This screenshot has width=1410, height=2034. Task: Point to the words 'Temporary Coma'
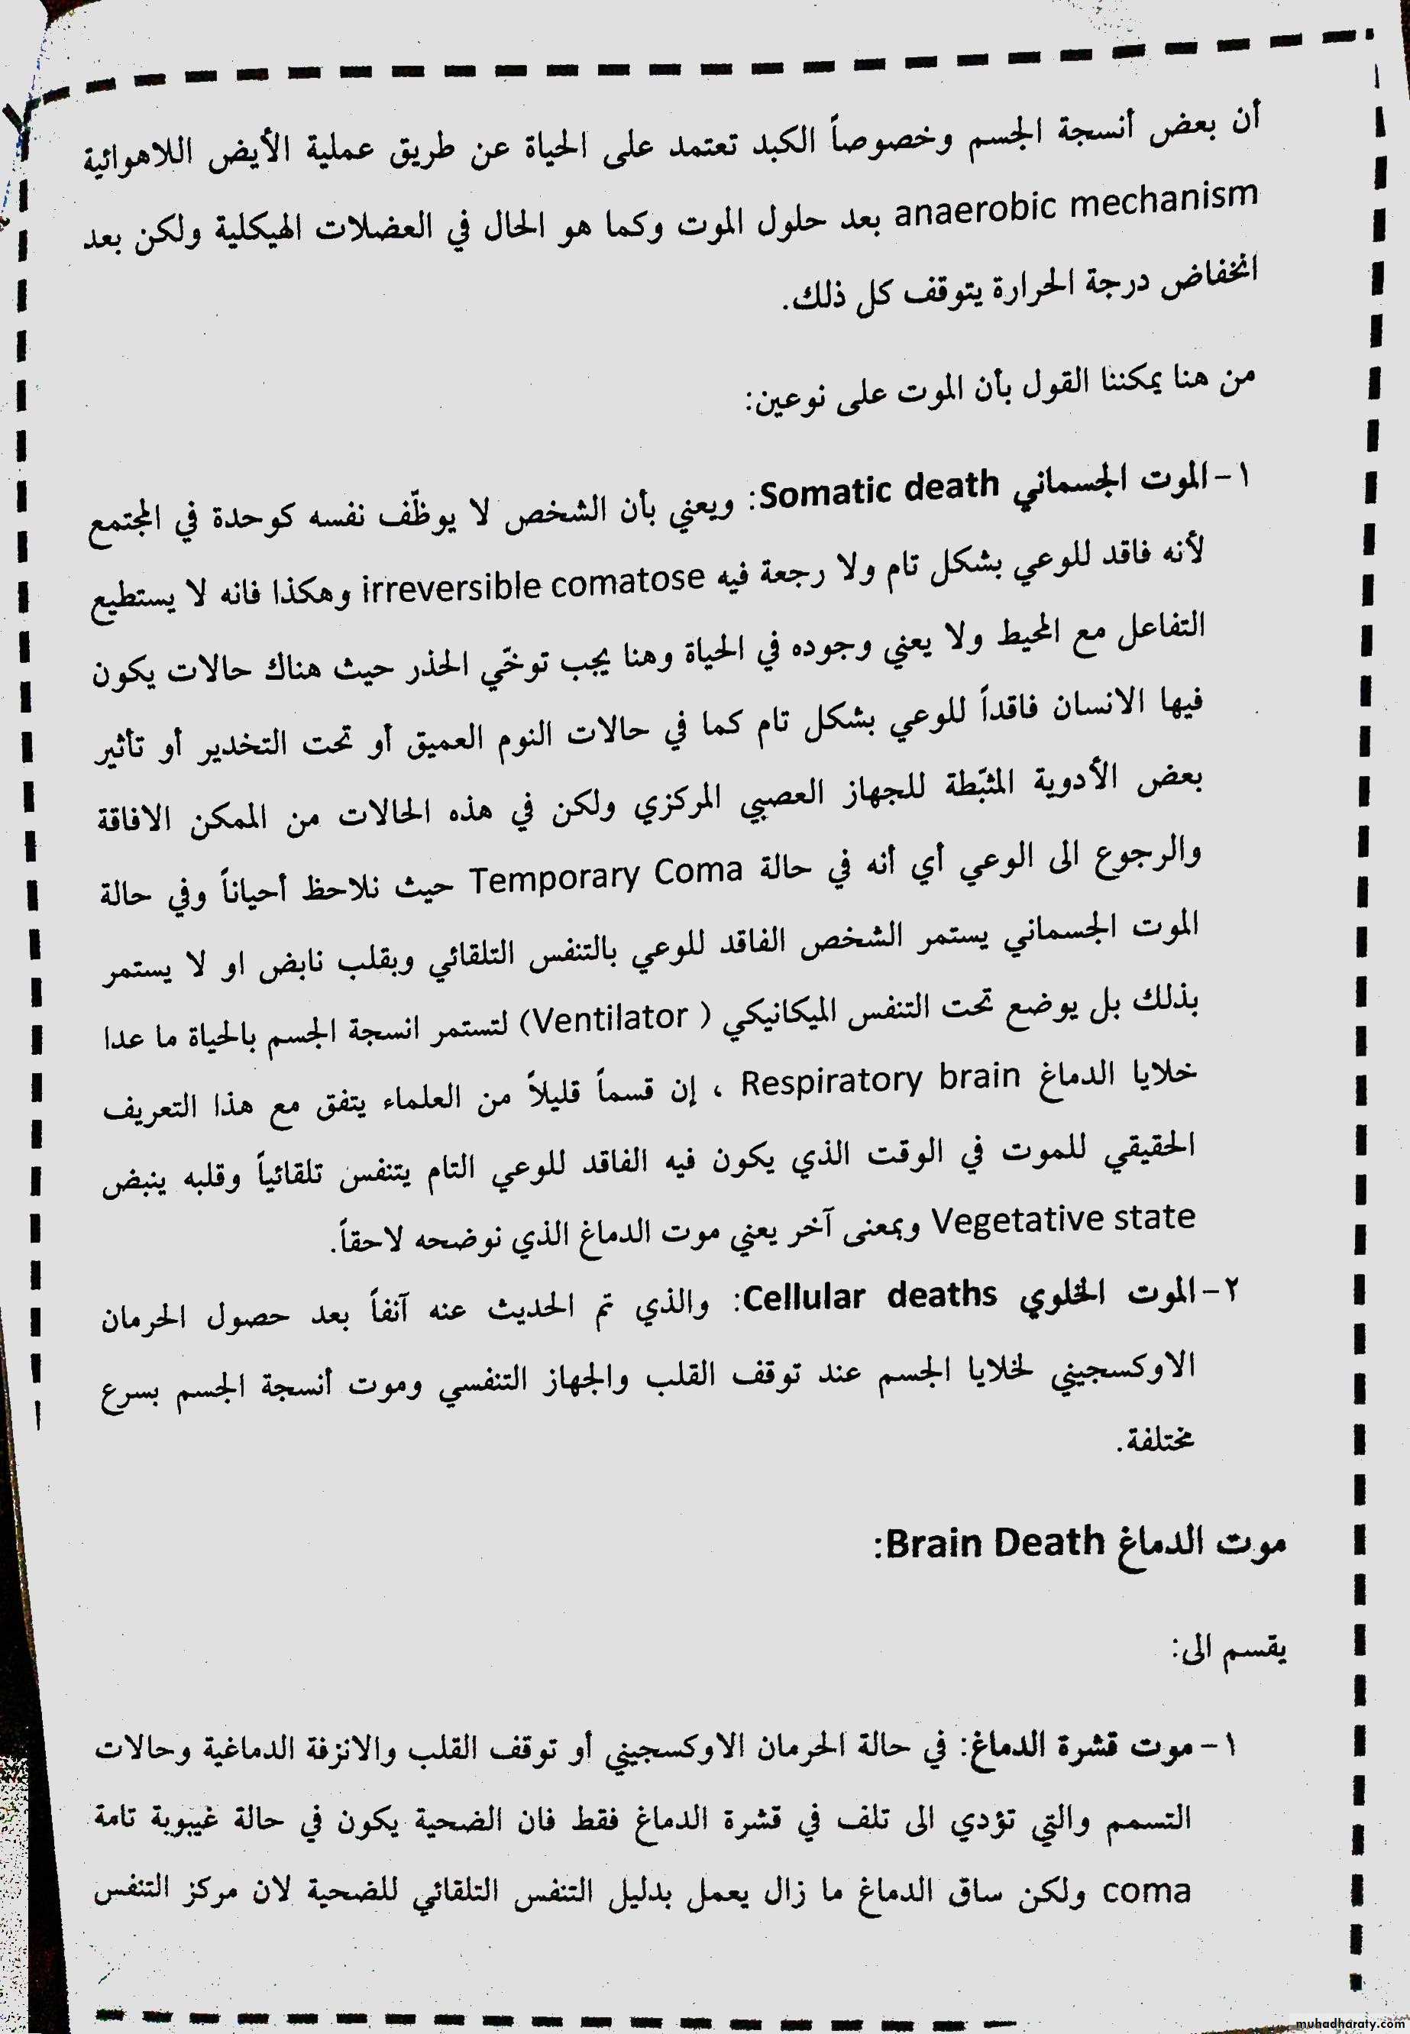[604, 874]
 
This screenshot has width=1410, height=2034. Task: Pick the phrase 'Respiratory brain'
[880, 1080]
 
